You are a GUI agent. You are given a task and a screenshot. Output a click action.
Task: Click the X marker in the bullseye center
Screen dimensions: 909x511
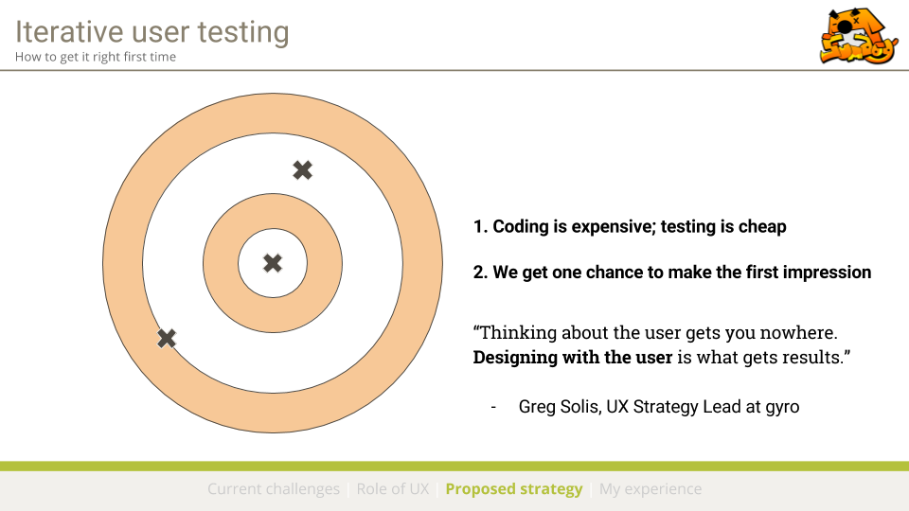pyautogui.click(x=273, y=263)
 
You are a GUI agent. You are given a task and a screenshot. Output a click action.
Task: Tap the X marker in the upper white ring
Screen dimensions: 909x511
pyautogui.click(x=303, y=169)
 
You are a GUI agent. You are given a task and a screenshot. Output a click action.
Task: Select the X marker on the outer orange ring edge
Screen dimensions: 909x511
pyautogui.click(x=167, y=339)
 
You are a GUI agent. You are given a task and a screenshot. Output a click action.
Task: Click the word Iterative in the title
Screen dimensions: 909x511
pyautogui.click(x=69, y=32)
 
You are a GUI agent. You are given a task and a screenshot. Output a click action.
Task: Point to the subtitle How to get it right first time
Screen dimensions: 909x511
pyautogui.click(x=96, y=57)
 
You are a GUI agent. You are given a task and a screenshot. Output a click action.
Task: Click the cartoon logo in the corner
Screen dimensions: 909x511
pyautogui.click(x=859, y=35)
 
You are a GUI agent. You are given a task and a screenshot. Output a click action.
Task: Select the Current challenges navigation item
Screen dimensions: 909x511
pyautogui.click(x=274, y=489)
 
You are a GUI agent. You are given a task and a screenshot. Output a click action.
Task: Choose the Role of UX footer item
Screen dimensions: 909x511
pyautogui.click(x=392, y=489)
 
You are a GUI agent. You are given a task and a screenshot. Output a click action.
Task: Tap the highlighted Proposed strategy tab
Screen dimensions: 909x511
pyautogui.click(x=513, y=489)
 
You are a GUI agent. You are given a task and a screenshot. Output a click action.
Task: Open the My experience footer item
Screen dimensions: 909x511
pyautogui.click(x=651, y=489)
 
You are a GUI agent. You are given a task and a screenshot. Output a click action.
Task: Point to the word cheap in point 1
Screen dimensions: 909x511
pyautogui.click(x=761, y=226)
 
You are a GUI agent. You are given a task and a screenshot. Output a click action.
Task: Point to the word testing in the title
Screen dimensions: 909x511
pyautogui.click(x=243, y=33)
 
